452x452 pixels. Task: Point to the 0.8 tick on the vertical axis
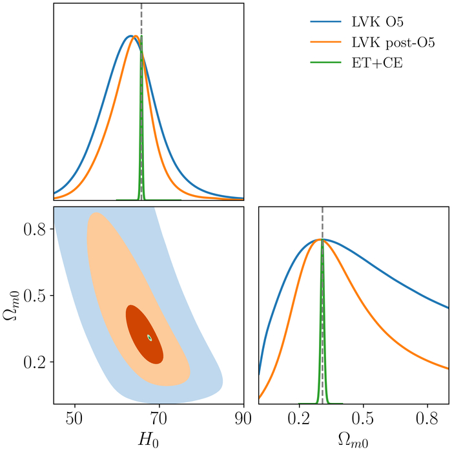[36, 229]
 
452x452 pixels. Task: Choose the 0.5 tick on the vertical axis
[36, 295]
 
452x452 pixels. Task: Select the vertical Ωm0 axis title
[12, 305]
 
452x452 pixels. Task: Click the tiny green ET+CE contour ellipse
[149, 337]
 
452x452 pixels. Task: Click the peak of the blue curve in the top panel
[130, 36]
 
